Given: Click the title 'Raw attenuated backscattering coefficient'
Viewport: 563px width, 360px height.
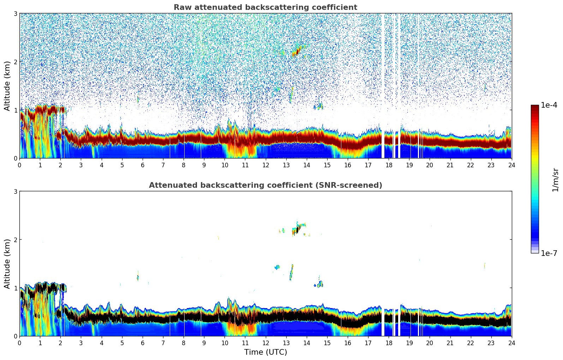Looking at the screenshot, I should [x=265, y=7].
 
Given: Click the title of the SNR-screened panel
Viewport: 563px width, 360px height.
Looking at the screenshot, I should [x=265, y=185].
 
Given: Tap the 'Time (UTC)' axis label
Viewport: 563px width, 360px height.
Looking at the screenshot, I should [x=265, y=352].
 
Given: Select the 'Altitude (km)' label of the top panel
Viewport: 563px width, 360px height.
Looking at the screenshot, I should [x=7, y=86].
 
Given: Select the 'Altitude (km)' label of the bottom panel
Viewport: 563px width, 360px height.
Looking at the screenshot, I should [x=7, y=264].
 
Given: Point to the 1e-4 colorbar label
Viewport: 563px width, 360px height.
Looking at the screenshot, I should [x=549, y=105].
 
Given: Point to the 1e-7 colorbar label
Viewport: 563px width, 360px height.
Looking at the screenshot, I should [x=549, y=253].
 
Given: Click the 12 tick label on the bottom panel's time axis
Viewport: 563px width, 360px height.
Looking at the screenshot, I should [x=265, y=343].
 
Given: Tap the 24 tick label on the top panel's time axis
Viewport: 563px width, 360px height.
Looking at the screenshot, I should [x=511, y=165].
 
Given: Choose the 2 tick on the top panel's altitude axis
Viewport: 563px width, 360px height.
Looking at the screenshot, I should [x=15, y=62].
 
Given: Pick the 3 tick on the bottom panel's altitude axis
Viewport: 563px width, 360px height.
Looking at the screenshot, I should [x=15, y=191].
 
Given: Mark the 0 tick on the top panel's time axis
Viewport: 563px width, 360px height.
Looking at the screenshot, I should [x=19, y=165].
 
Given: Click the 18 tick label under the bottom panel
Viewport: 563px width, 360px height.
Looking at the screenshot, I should [x=389, y=343].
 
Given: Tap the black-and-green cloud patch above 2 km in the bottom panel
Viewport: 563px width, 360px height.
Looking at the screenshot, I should [x=297, y=229].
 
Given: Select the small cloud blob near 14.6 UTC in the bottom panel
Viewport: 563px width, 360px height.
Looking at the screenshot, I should [x=320, y=284].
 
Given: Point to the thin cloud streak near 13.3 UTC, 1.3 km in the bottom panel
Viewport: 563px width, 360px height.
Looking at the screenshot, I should [x=291, y=272].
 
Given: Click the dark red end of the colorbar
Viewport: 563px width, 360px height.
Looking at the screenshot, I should [x=535, y=108].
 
